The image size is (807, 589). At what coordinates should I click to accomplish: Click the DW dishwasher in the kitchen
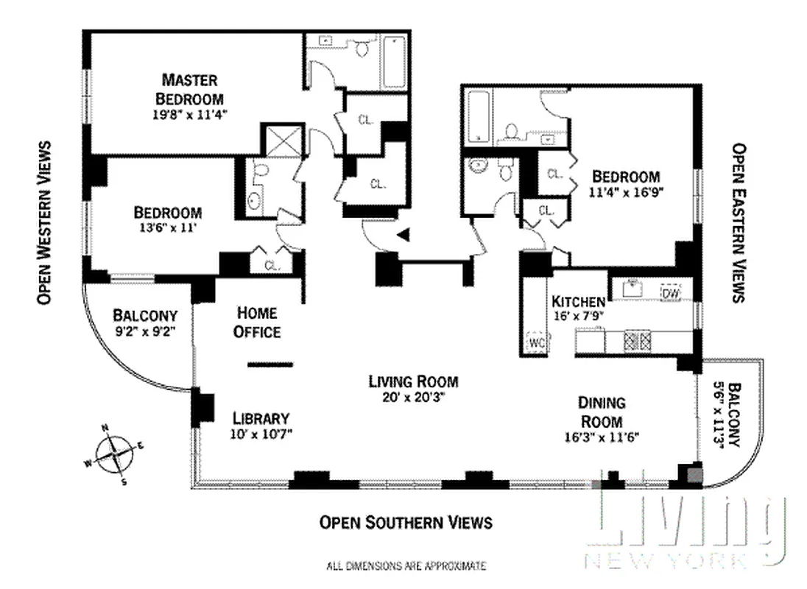pyautogui.click(x=670, y=292)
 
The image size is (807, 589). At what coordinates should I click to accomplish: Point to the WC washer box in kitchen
pyautogui.click(x=535, y=342)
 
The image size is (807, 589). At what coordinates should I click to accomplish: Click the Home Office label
pyautogui.click(x=257, y=322)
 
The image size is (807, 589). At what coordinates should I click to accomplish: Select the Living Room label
pyautogui.click(x=413, y=381)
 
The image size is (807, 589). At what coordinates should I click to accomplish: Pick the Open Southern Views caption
pyautogui.click(x=405, y=523)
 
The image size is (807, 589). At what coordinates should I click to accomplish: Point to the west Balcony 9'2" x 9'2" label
pyautogui.click(x=145, y=322)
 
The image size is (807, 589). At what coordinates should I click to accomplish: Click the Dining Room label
pyautogui.click(x=601, y=412)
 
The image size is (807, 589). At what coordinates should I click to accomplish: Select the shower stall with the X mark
pyautogui.click(x=281, y=140)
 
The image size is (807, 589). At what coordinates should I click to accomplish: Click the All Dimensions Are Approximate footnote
pyautogui.click(x=405, y=566)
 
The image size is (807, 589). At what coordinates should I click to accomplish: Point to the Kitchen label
pyautogui.click(x=578, y=301)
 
